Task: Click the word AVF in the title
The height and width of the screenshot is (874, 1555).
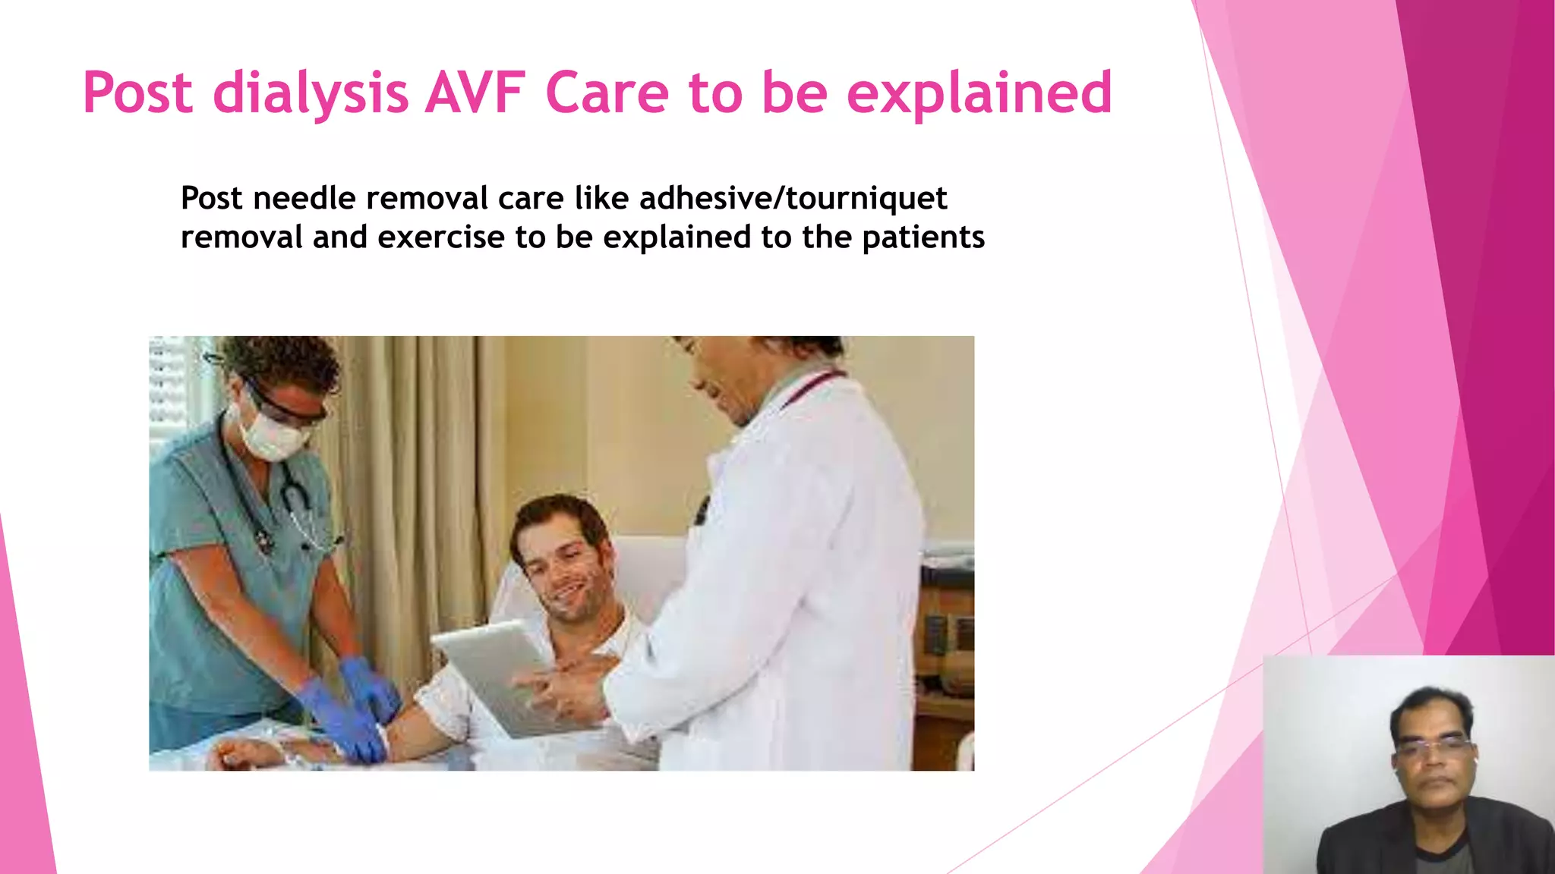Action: coord(475,93)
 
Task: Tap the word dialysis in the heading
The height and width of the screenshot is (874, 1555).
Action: coord(310,93)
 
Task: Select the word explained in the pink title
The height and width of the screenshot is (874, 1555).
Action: coord(979,93)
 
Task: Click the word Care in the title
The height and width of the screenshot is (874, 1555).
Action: coord(607,93)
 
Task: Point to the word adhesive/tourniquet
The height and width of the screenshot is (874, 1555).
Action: coord(793,199)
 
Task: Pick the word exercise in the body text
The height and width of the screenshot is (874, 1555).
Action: coord(441,237)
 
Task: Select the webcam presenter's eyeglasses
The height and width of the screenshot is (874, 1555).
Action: coord(1431,748)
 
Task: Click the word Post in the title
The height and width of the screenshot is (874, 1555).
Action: coord(137,93)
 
